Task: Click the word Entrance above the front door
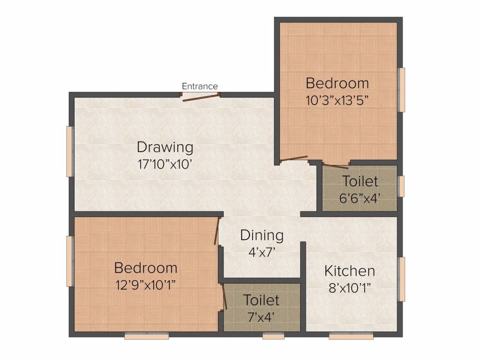tap(200, 86)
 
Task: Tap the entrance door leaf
tap(201, 97)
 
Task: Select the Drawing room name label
tap(165, 147)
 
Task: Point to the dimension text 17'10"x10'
tap(165, 165)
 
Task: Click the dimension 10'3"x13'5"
tap(337, 100)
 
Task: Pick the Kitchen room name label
tap(350, 271)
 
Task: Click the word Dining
tap(262, 235)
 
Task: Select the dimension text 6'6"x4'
tap(360, 198)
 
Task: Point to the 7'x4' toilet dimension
tap(261, 317)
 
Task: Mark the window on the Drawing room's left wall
tap(69, 151)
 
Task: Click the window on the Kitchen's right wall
tap(401, 279)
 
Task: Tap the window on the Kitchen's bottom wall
tap(351, 336)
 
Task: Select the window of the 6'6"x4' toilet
tap(401, 186)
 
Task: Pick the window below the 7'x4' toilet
tap(273, 336)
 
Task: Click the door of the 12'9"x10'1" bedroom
tap(217, 231)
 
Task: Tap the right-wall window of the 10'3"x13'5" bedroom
tap(401, 90)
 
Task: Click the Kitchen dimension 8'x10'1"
tap(350, 288)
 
